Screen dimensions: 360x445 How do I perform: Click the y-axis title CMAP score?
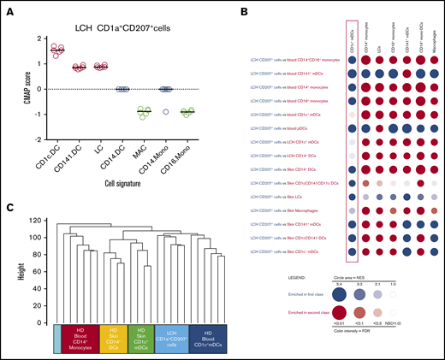(15, 89)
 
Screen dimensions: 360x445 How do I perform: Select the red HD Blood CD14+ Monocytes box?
(82, 337)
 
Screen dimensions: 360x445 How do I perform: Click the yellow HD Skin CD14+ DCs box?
(117, 337)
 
